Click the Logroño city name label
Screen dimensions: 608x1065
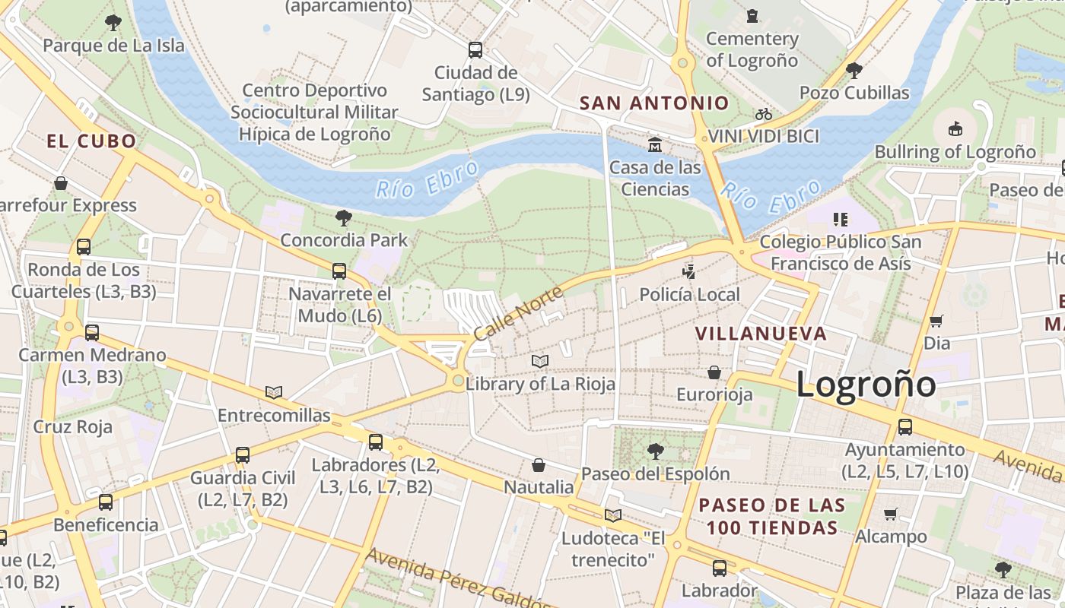[866, 385]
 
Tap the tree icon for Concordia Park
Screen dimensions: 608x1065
[344, 218]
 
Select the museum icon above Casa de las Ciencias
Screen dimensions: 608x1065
[655, 144]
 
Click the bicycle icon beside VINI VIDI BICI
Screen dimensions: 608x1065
[764, 115]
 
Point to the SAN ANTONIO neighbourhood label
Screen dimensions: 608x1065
[654, 103]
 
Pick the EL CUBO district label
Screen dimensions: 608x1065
[91, 141]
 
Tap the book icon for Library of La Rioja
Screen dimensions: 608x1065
[540, 361]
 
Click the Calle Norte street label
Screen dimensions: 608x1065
[518, 313]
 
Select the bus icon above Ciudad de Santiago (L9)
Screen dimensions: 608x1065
[475, 50]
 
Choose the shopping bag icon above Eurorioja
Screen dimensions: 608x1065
[714, 372]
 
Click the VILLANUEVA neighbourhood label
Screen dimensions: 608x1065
[761, 334]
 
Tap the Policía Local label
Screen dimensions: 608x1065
[689, 294]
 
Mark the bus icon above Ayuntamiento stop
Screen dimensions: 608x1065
[905, 427]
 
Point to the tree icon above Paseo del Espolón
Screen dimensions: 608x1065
[655, 451]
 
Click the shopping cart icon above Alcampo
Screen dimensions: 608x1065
[891, 515]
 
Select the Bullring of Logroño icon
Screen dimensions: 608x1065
[955, 129]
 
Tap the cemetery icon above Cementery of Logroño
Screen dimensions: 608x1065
[752, 16]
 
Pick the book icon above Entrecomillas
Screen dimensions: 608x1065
[274, 393]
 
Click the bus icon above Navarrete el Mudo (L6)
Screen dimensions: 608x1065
[339, 271]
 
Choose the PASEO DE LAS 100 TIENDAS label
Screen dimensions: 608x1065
[772, 516]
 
